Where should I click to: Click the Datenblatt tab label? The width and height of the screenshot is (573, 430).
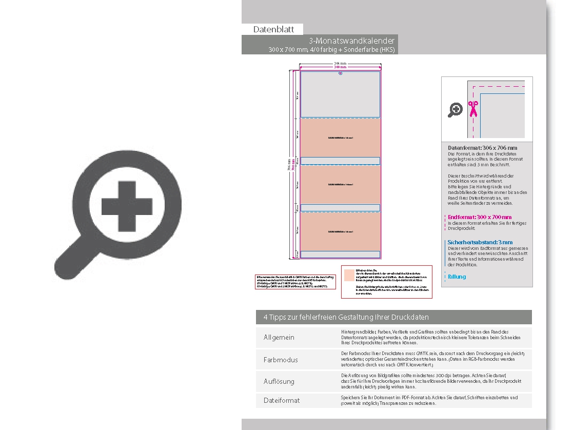coord(273,30)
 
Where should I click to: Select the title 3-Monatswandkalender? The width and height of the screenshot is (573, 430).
coord(351,41)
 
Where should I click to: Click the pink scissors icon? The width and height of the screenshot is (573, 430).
coord(472,109)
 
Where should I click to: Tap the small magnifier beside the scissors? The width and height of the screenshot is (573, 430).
coord(456,109)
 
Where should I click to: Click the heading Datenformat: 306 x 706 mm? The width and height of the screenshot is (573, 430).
coord(482,148)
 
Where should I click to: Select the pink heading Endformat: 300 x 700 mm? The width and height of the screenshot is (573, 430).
coord(479,217)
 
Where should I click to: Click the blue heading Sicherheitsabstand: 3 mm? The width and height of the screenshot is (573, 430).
coord(480,242)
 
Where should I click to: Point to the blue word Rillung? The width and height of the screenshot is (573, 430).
coord(457,277)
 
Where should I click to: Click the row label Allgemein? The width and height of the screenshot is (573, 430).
coord(279,338)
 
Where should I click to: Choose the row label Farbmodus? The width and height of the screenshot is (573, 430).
coord(281,360)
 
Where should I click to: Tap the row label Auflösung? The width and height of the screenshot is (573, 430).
coord(279,381)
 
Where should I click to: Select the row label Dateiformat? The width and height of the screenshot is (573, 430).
coord(282,400)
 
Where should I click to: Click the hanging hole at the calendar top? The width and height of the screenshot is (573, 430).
coord(340,73)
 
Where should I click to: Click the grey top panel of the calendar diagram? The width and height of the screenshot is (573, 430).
coord(340,95)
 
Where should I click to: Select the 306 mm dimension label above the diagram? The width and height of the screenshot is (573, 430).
coord(340,64)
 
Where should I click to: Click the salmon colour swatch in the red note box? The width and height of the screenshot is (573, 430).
coord(349,273)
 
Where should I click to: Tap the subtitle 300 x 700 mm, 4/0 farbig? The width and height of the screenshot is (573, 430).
coord(332,50)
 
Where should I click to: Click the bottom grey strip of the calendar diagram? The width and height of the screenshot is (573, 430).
coord(340,254)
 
